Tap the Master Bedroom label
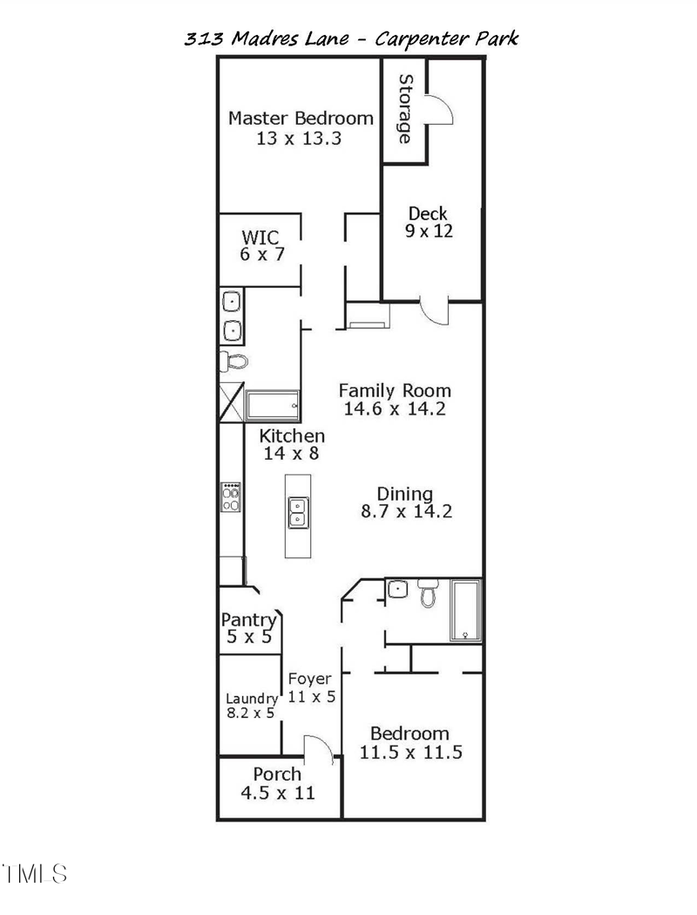pyautogui.click(x=301, y=119)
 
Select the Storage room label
pyautogui.click(x=405, y=109)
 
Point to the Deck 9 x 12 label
pyautogui.click(x=428, y=222)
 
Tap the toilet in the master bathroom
pyautogui.click(x=233, y=359)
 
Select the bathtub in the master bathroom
pyautogui.click(x=273, y=406)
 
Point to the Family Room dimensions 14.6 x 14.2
pyautogui.click(x=395, y=408)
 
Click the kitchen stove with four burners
pyautogui.click(x=231, y=497)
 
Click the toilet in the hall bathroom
pyautogui.click(x=428, y=594)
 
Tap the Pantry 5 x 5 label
pyautogui.click(x=248, y=628)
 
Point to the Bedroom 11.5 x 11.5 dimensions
pyautogui.click(x=410, y=752)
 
